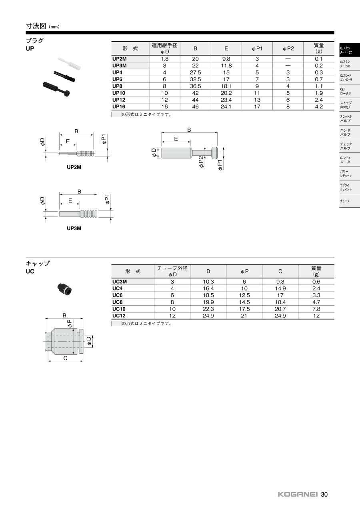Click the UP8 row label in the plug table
pyautogui.click(x=117, y=86)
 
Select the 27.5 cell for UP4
pyautogui.click(x=195, y=72)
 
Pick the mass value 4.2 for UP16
pyautogui.click(x=319, y=106)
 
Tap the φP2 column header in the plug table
pyautogui.click(x=288, y=48)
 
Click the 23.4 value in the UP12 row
pyautogui.click(x=226, y=100)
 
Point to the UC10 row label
pyautogui.click(x=119, y=309)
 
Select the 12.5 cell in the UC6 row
pyautogui.click(x=244, y=295)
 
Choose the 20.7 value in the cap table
pyautogui.click(x=280, y=309)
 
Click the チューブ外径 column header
pyautogui.click(x=172, y=268)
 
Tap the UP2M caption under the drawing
pyautogui.click(x=74, y=167)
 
